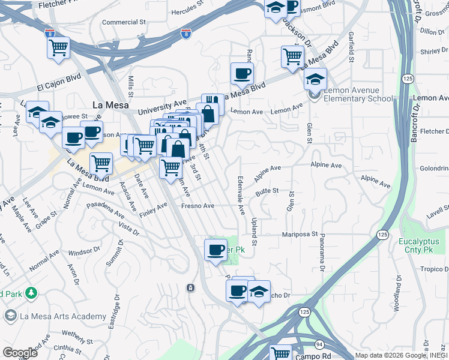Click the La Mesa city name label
coord(107,104)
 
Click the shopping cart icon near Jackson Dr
coord(292,56)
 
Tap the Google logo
coord(20,353)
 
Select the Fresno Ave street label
coord(197,206)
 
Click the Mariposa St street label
coord(300,234)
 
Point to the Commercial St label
coord(124,22)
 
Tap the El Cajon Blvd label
coord(59,86)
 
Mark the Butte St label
coord(267,191)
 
